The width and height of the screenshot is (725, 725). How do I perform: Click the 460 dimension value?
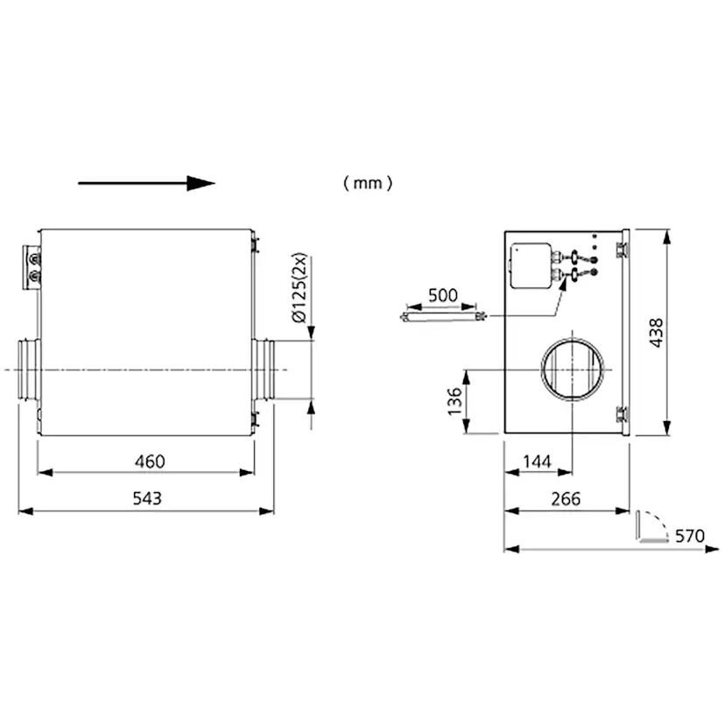coord(150,461)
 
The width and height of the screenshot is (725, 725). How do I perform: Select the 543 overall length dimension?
coord(147,498)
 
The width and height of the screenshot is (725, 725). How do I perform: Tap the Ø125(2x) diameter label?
coord(299,287)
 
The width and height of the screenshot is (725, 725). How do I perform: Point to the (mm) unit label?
coord(368,183)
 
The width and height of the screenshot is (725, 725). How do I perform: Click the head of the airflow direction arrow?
coord(201,183)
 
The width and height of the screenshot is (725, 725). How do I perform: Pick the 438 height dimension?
coord(656,333)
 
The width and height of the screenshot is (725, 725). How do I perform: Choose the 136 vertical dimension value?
coord(455,401)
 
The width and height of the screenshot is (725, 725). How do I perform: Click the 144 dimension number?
coord(537,461)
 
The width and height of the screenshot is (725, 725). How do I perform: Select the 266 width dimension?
coord(566,499)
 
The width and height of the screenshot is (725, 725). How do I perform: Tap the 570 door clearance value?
coord(689,536)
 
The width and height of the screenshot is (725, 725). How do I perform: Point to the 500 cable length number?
coord(442,295)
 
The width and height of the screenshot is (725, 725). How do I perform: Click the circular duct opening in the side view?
coord(573,370)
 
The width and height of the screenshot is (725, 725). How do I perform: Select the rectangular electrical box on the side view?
coord(531,266)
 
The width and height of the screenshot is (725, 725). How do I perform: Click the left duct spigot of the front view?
coord(29,370)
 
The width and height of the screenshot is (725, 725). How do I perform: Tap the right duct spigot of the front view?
coord(263,370)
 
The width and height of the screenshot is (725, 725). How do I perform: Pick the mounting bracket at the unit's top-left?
coord(32,268)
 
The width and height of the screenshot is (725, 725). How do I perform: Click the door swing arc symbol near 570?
coord(652,525)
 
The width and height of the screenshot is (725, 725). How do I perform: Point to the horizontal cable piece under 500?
coord(443,317)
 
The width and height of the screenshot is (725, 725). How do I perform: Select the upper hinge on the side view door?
coord(622,250)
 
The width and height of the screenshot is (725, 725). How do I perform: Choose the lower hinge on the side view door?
coord(622,414)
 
